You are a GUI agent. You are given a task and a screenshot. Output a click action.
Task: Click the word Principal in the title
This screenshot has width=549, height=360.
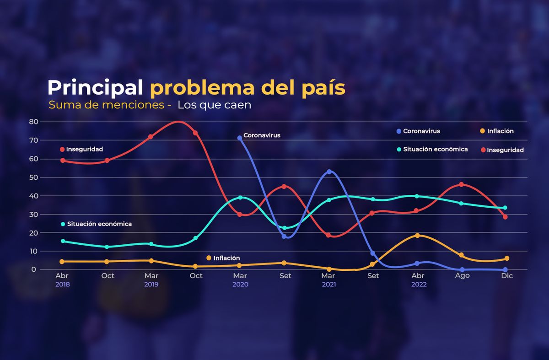95,87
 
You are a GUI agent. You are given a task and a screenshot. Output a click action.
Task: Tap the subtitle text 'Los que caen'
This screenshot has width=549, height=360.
215,105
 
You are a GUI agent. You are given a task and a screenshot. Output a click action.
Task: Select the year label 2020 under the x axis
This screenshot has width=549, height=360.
240,285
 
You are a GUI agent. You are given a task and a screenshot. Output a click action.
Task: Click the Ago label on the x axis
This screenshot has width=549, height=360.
462,276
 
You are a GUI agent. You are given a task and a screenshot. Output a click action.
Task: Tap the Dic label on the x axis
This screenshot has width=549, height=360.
507,276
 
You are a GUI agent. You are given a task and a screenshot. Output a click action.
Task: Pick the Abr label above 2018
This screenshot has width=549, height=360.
62,276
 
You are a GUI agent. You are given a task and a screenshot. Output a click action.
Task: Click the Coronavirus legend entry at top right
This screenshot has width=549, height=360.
421,131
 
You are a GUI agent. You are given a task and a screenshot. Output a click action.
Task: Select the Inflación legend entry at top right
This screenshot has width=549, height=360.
500,131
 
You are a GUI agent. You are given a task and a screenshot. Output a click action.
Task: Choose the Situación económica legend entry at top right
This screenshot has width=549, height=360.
435,149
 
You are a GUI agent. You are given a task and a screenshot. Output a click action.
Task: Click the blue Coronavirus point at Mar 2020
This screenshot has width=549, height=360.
240,138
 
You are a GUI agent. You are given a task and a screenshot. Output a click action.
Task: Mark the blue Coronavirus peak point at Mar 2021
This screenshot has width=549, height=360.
329,172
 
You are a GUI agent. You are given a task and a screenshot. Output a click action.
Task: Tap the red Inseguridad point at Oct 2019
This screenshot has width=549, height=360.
195,133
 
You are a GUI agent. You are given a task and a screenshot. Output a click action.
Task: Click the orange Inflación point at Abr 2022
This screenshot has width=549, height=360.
417,235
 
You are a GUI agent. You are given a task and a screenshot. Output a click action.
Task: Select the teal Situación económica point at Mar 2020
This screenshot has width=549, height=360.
240,198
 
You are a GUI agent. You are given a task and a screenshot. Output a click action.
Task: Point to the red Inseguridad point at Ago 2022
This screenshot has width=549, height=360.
462,184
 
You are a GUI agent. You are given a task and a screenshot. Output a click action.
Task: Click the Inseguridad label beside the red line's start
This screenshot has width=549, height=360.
84,149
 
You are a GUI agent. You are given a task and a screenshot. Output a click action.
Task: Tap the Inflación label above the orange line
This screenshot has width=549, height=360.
226,258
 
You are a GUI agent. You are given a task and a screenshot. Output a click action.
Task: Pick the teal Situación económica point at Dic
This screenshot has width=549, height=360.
505,208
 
